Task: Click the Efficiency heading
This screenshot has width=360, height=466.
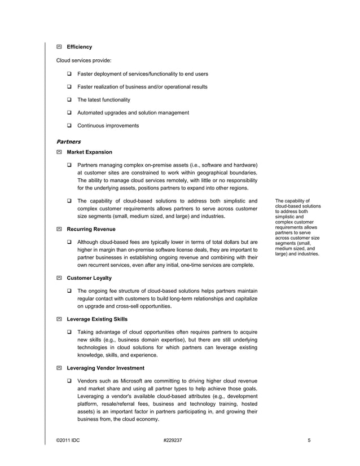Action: click(79, 47)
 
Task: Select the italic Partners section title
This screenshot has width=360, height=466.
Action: click(68, 142)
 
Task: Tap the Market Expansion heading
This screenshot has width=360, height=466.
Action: click(89, 152)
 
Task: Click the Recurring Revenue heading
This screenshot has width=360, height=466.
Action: click(91, 230)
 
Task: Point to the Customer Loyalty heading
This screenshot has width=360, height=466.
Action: click(89, 278)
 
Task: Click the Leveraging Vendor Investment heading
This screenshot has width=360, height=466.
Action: click(105, 368)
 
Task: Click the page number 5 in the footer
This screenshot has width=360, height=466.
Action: click(309, 440)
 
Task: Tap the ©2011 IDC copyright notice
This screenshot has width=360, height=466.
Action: click(68, 440)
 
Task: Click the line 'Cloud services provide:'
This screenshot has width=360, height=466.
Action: click(84, 60)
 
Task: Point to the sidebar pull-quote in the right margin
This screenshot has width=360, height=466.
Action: click(297, 227)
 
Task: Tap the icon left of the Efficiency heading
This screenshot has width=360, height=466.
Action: click(59, 47)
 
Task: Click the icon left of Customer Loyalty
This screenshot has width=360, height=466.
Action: click(59, 278)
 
